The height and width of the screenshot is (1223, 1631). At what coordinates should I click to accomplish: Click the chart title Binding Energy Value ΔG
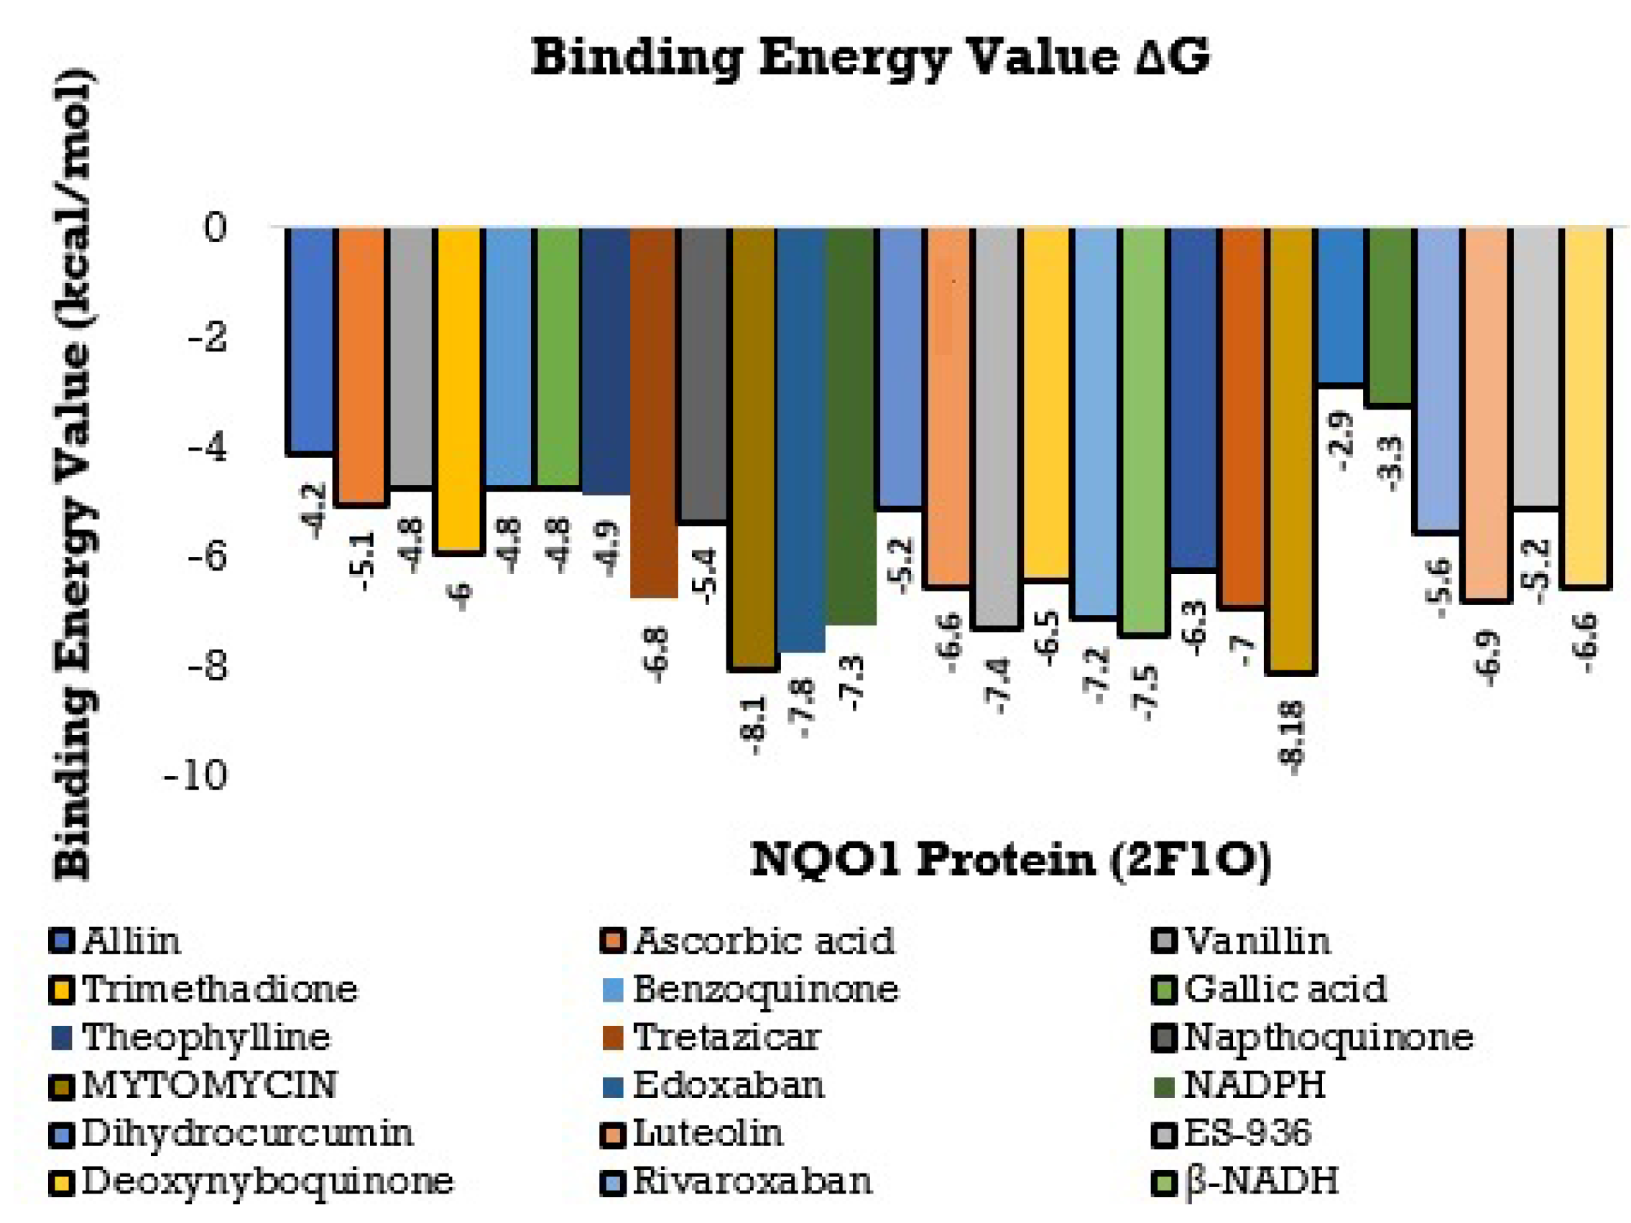click(x=870, y=57)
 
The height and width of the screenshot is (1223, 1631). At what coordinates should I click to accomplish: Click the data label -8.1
click(x=755, y=726)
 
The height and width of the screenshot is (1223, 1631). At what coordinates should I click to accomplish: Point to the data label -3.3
click(x=1390, y=463)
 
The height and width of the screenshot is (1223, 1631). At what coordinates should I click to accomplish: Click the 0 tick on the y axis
click(x=215, y=228)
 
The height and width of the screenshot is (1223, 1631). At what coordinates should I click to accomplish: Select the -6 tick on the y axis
click(x=205, y=557)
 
